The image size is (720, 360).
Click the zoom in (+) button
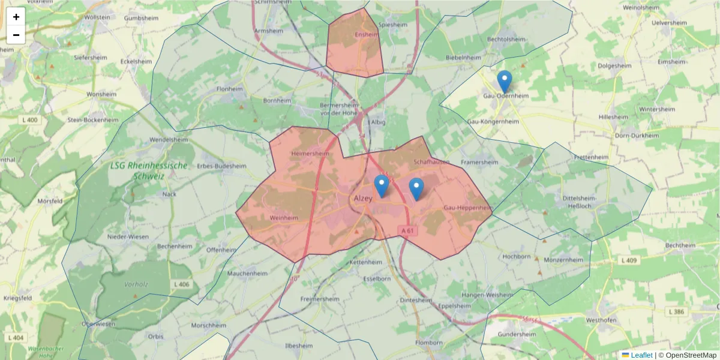pos(16,17)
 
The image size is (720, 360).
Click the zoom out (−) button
pos(16,35)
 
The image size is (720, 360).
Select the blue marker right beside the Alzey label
pos(381,185)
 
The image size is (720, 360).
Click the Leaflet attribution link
pos(641,355)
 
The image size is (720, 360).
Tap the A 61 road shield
pos(407,230)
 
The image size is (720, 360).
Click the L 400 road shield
pos(29,120)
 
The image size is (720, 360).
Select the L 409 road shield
pos(628,260)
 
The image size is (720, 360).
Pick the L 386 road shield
pos(676,312)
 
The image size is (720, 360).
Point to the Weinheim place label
pos(284,218)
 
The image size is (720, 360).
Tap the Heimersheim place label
pos(310,154)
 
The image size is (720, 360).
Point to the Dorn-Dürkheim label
pos(637,136)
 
